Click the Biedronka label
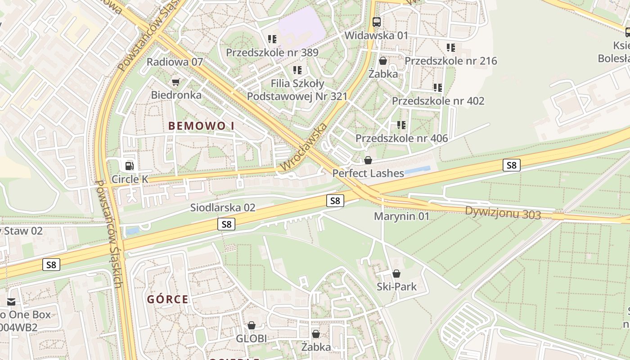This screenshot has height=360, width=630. (176, 95)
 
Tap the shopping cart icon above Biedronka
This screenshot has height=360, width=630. (176, 82)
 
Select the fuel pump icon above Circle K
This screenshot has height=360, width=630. (130, 166)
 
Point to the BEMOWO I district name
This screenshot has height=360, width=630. (201, 126)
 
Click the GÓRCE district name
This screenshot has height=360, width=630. (167, 299)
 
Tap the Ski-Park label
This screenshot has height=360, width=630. (396, 287)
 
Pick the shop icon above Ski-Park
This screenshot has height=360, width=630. (396, 274)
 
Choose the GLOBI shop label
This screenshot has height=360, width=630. (252, 338)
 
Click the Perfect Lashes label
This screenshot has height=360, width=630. (368, 173)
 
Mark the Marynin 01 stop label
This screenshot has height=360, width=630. (402, 216)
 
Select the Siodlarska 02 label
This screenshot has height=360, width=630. (223, 207)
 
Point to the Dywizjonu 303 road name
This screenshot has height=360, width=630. (503, 213)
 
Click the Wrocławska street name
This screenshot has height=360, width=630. (303, 147)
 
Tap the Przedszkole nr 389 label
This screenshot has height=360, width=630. (272, 52)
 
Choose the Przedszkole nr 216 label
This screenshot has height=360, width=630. (451, 61)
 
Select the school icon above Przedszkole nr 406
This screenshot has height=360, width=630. (401, 125)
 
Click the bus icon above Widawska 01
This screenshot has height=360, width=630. (376, 22)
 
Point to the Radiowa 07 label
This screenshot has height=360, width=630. (175, 62)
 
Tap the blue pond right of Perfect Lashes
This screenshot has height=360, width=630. (417, 171)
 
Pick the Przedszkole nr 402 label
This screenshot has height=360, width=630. (438, 101)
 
